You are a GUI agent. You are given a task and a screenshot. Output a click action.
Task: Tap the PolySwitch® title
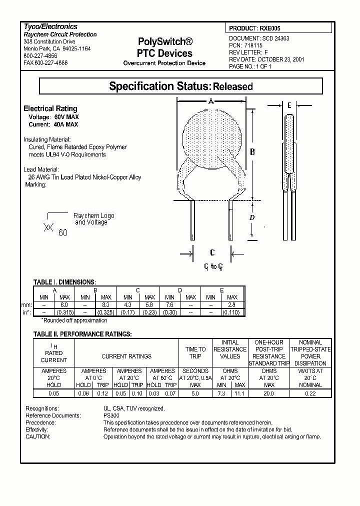[x=164, y=42]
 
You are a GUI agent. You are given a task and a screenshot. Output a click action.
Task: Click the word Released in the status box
[x=233, y=86]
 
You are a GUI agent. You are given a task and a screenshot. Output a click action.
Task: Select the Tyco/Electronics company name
[x=50, y=26]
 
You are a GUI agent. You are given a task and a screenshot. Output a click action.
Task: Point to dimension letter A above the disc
[x=211, y=101]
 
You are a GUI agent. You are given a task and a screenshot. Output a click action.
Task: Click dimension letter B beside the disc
[x=252, y=151]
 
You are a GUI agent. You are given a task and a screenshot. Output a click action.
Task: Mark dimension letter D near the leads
[x=252, y=217]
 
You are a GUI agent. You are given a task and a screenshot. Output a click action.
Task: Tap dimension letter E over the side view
[x=289, y=105]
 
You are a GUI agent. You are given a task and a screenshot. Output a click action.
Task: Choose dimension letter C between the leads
[x=212, y=252]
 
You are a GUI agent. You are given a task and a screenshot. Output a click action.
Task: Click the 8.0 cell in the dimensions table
[x=64, y=304]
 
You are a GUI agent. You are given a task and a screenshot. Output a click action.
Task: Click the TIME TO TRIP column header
[x=195, y=353]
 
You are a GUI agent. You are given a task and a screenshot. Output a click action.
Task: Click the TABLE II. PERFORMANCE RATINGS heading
[x=82, y=333]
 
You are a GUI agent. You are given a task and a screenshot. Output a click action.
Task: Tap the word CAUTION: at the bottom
[x=38, y=436]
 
